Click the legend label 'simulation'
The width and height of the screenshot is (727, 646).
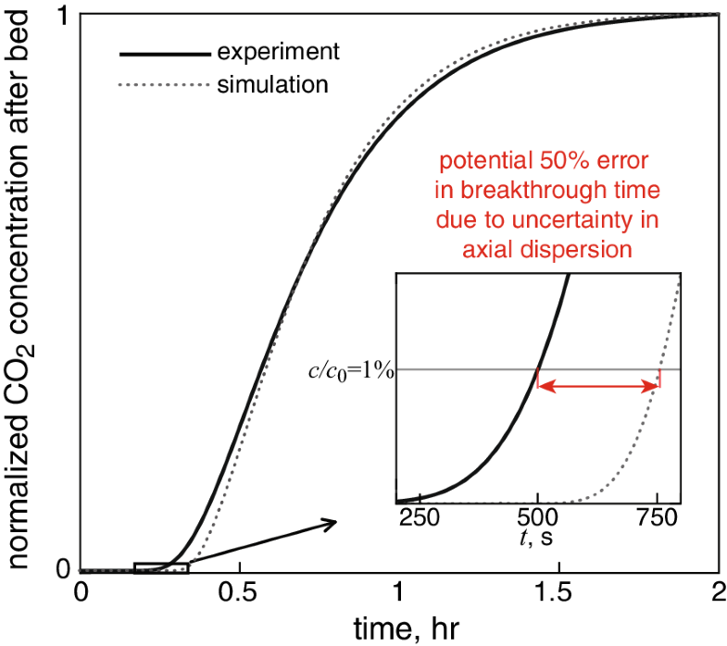coord(272,84)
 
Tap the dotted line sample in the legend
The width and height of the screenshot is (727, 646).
coord(162,85)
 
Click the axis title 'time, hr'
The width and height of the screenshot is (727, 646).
coord(399,627)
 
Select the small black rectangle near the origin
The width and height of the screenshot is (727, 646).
coord(161,567)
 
